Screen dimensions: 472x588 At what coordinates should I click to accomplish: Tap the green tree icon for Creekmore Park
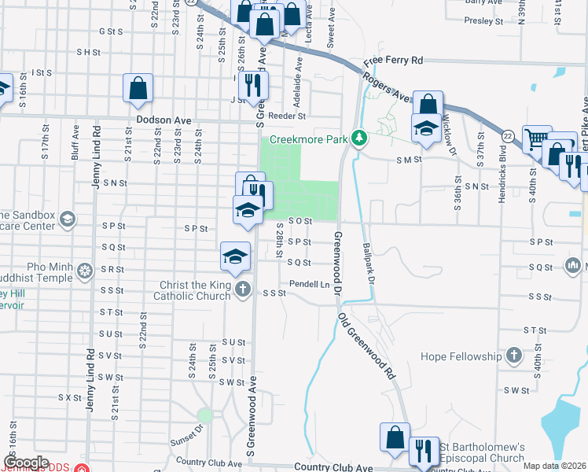click(x=359, y=138)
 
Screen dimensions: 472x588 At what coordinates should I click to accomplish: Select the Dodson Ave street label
click(x=164, y=120)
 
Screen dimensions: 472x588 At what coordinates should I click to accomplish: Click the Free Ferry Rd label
click(x=393, y=60)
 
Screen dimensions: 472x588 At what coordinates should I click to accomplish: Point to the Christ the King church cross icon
click(x=243, y=289)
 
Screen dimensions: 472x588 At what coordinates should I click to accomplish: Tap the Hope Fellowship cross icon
click(x=513, y=356)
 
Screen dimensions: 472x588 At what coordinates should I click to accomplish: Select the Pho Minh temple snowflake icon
click(x=85, y=272)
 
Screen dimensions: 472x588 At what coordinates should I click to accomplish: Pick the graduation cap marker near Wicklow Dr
click(x=426, y=129)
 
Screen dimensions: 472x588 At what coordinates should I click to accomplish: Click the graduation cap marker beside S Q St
click(x=235, y=256)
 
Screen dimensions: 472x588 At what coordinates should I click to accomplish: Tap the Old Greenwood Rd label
click(x=368, y=346)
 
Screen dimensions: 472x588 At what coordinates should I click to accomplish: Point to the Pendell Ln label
click(x=308, y=283)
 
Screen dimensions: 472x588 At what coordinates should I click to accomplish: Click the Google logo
click(x=26, y=463)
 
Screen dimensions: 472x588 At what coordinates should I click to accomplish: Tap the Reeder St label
click(x=287, y=116)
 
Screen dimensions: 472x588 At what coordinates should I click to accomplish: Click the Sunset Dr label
click(x=187, y=436)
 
